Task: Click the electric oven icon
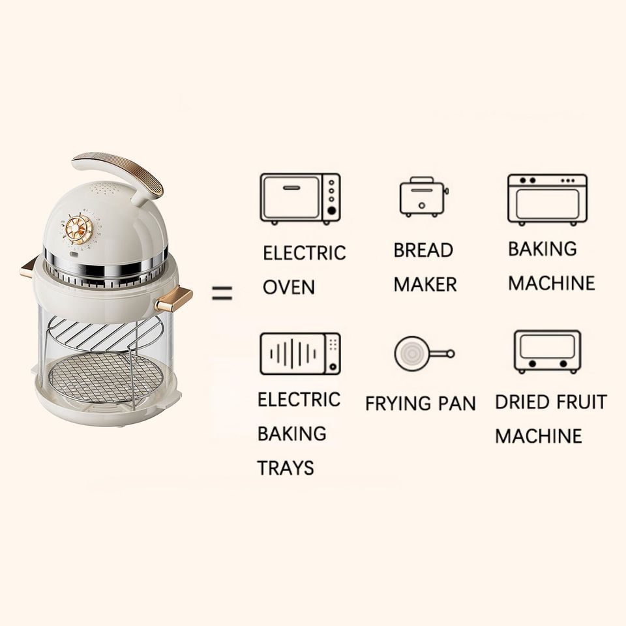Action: pyautogui.click(x=300, y=198)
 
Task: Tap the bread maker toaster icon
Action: pyautogui.click(x=423, y=197)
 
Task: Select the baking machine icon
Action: pyautogui.click(x=547, y=199)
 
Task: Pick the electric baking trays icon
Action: pyautogui.click(x=300, y=354)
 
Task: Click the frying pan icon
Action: pyautogui.click(x=423, y=353)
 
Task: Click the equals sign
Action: pyautogui.click(x=222, y=294)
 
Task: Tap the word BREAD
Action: pyautogui.click(x=423, y=250)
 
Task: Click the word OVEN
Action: pyautogui.click(x=289, y=287)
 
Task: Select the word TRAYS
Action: pyautogui.click(x=286, y=468)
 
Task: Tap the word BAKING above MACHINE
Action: pyautogui.click(x=543, y=248)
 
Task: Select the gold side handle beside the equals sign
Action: pyautogui.click(x=173, y=299)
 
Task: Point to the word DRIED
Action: pyautogui.click(x=521, y=402)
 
